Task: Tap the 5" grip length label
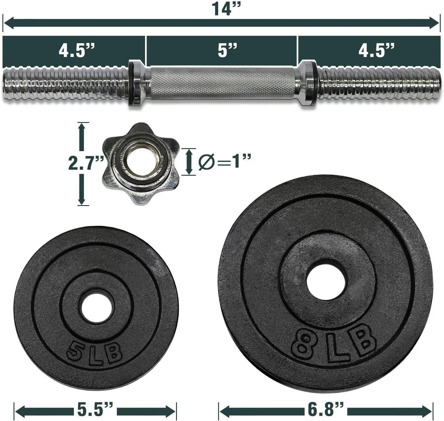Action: [x=227, y=50]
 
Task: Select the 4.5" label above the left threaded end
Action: [x=77, y=50]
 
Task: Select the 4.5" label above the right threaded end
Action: [x=376, y=50]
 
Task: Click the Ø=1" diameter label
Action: [x=225, y=161]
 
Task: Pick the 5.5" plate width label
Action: [x=95, y=409]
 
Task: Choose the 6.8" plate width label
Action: [x=326, y=409]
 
